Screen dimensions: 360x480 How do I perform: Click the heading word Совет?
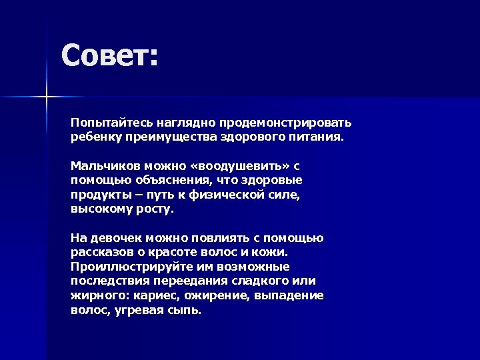click(x=110, y=56)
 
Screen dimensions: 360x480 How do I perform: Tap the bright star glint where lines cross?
click(x=47, y=98)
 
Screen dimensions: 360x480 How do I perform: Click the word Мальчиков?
click(x=103, y=166)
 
